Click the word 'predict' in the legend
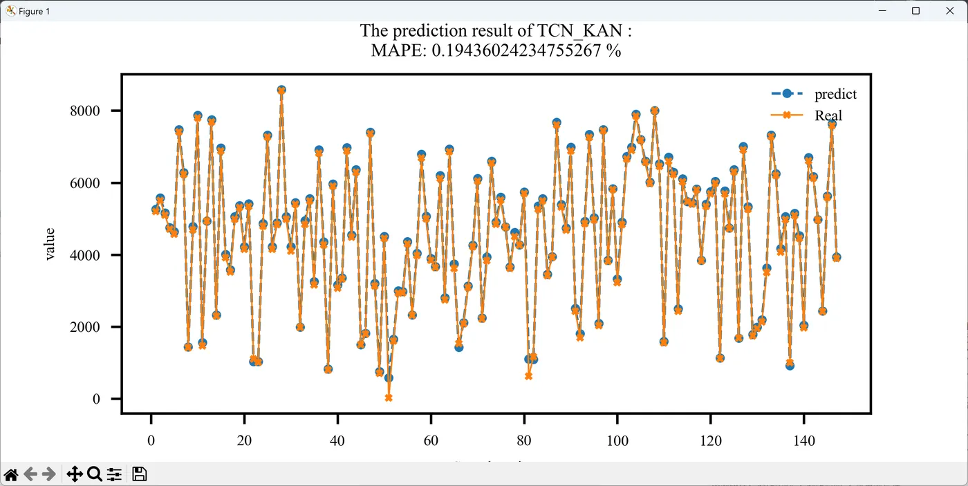point(835,94)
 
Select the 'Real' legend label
point(828,115)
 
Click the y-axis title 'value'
point(49,245)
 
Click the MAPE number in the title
point(518,50)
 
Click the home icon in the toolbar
point(11,474)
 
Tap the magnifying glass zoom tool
point(94,474)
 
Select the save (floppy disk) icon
point(139,474)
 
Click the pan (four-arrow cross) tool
point(74,474)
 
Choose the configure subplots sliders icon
point(114,474)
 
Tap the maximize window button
point(915,11)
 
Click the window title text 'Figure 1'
point(34,12)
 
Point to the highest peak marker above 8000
point(281,90)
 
